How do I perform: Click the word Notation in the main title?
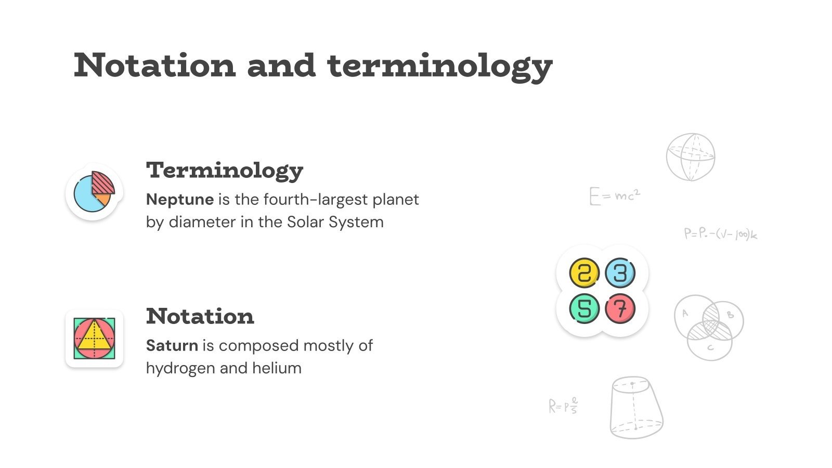point(154,66)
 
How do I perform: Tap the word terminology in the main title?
point(439,67)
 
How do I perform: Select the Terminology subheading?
point(225,170)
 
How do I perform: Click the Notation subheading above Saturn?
point(200,316)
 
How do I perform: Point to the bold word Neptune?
point(180,199)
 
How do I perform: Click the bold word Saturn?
point(172,345)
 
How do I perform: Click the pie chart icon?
point(94,192)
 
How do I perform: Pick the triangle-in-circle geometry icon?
point(94,339)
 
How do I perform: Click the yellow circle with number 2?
point(584,272)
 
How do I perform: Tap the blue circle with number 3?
point(620,272)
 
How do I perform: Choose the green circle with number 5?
point(584,308)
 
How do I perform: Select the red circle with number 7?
point(620,308)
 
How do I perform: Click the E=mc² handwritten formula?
point(615,196)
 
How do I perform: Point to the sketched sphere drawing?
point(691,157)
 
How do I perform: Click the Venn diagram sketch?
point(708,327)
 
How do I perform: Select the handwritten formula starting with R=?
point(563,406)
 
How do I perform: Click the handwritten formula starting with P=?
point(720,234)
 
